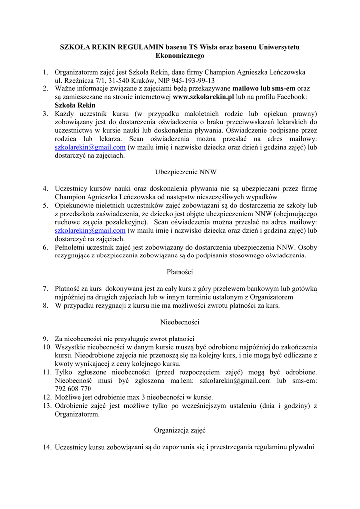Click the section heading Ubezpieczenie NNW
click(x=180, y=172)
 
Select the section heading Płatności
click(x=180, y=272)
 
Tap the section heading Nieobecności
click(x=180, y=322)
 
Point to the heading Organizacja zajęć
click(x=180, y=430)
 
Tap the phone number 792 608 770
click(x=73, y=388)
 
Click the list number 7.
click(x=45, y=288)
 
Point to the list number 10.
click(x=47, y=347)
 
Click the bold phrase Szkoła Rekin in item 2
click(x=75, y=105)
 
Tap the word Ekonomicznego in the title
click(x=180, y=55)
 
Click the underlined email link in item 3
click(x=90, y=148)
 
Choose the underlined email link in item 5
click(x=90, y=231)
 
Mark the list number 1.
click(x=45, y=72)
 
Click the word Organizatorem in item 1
click(x=79, y=72)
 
